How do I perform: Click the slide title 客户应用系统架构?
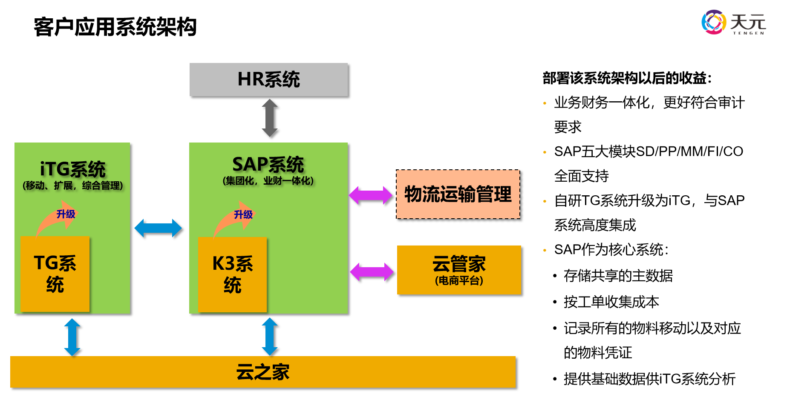(115, 27)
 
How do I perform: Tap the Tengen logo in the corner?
(733, 22)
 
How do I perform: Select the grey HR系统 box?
(268, 80)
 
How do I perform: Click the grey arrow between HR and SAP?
(270, 118)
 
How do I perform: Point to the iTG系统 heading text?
(72, 169)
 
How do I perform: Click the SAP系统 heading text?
(268, 164)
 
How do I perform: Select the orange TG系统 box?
(55, 274)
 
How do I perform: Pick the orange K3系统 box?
(232, 274)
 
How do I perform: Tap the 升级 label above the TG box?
(66, 214)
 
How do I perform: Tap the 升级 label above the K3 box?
(243, 214)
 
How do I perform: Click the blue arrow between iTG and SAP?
(158, 228)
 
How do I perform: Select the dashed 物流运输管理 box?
(458, 194)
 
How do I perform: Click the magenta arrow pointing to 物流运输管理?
(370, 195)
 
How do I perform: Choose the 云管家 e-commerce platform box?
(459, 270)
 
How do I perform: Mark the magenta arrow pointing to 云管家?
(372, 272)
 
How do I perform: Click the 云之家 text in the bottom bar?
(263, 372)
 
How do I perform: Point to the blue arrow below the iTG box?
(72, 337)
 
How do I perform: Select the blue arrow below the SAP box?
(270, 337)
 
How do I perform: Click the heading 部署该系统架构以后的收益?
(626, 78)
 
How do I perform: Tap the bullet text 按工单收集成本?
(611, 302)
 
